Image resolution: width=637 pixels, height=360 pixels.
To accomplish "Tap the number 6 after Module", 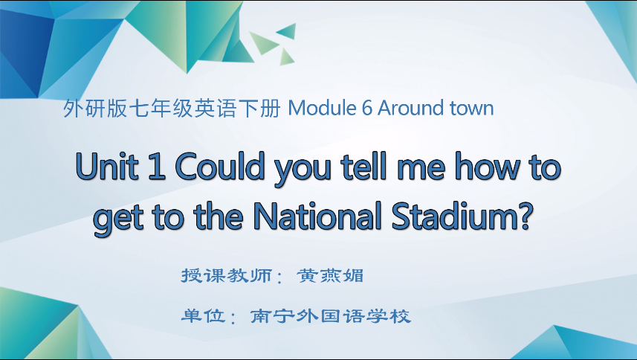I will click(x=366, y=109).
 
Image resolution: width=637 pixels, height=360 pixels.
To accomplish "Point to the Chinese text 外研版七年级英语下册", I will click(x=172, y=109).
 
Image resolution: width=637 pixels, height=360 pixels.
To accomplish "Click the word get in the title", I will click(x=122, y=218).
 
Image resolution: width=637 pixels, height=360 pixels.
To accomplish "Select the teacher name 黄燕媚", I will click(x=330, y=275).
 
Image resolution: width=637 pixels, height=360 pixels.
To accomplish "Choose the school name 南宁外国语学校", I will click(x=331, y=316).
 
